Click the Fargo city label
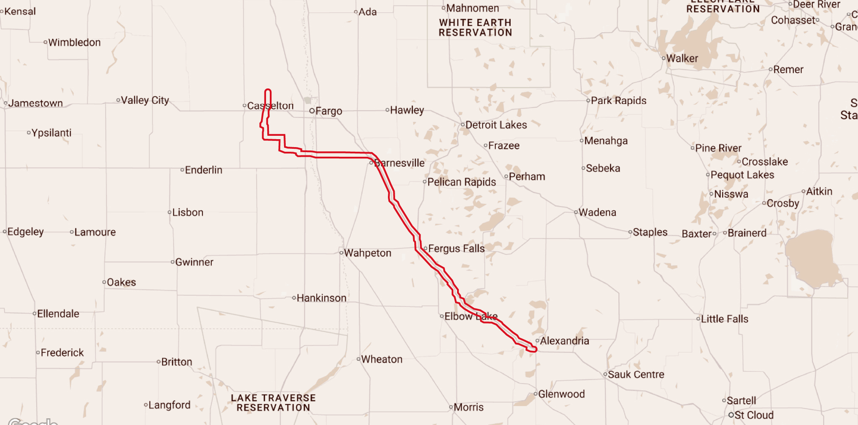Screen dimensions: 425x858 click(328, 111)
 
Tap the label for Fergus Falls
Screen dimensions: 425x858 click(456, 249)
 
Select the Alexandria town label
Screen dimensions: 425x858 click(564, 341)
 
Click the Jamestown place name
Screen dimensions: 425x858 click(36, 103)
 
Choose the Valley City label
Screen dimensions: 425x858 click(145, 101)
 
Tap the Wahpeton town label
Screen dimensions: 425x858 click(367, 253)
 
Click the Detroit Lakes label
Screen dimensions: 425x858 click(496, 125)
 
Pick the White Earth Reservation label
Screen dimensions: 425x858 click(476, 28)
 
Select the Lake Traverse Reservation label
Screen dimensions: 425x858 click(273, 403)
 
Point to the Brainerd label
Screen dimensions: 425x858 click(747, 233)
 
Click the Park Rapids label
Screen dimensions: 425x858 click(618, 101)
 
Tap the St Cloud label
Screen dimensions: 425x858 click(754, 415)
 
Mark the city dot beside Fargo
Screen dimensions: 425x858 click(312, 111)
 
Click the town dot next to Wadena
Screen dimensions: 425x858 click(576, 212)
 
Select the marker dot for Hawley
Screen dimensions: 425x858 click(387, 110)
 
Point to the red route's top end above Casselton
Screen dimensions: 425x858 click(268, 91)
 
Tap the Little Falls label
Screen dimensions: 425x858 click(724, 319)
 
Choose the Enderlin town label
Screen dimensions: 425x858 click(204, 170)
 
